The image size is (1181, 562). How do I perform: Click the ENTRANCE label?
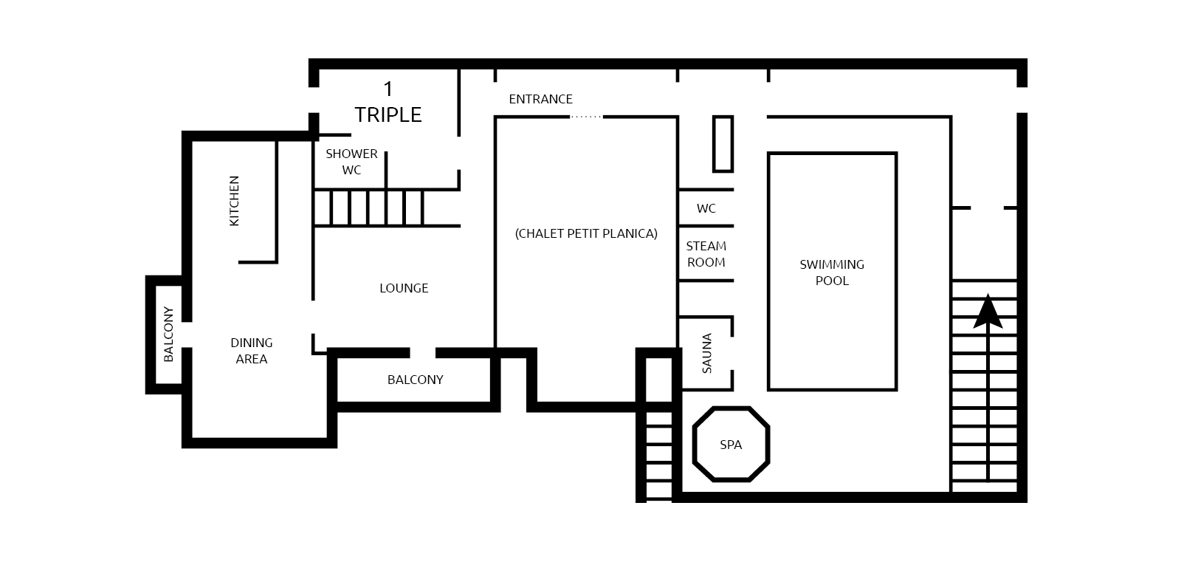pyautogui.click(x=540, y=99)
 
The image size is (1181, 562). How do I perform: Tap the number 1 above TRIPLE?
pyautogui.click(x=388, y=89)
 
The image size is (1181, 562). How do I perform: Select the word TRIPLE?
pyautogui.click(x=388, y=114)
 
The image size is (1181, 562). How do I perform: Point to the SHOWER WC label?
pyautogui.click(x=351, y=162)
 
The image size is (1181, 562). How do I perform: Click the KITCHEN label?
pyautogui.click(x=234, y=201)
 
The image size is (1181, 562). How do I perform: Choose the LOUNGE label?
pyautogui.click(x=404, y=288)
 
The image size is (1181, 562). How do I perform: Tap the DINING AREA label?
pyautogui.click(x=252, y=351)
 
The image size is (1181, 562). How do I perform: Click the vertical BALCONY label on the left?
pyautogui.click(x=168, y=334)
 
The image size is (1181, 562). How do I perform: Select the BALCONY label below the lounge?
pyautogui.click(x=416, y=380)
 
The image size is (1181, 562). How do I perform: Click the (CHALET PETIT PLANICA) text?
pyautogui.click(x=586, y=234)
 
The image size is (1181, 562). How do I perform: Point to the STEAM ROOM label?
pyautogui.click(x=706, y=254)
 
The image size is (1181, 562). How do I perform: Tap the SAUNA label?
pyautogui.click(x=707, y=354)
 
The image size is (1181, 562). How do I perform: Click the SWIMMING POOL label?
pyautogui.click(x=832, y=273)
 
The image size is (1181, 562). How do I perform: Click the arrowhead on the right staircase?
pyautogui.click(x=988, y=312)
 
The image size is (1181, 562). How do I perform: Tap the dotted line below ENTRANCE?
pyautogui.click(x=586, y=117)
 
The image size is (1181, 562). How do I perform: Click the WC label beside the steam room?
pyautogui.click(x=706, y=208)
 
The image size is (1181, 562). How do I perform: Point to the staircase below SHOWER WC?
pyautogui.click(x=368, y=208)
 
